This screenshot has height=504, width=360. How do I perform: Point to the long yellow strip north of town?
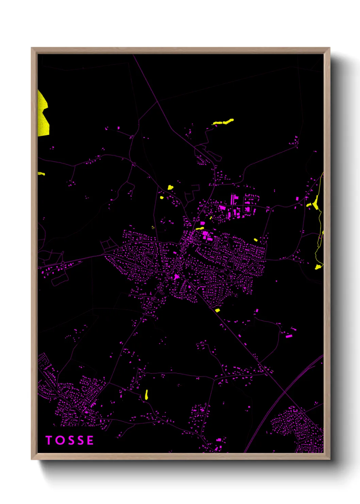pos(223,122)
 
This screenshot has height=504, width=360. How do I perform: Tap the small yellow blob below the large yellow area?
pos(41,174)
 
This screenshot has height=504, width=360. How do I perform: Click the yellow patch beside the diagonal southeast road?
pos(217,310)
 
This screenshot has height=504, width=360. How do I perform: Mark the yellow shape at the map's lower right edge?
pos(318,267)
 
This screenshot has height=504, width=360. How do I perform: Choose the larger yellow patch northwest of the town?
pos(170,187)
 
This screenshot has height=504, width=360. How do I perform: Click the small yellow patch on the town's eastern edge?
pos(256,240)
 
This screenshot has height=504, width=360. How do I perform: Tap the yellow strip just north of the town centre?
pos(200,229)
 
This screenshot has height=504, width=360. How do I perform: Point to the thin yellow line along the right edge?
pos(320,218)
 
